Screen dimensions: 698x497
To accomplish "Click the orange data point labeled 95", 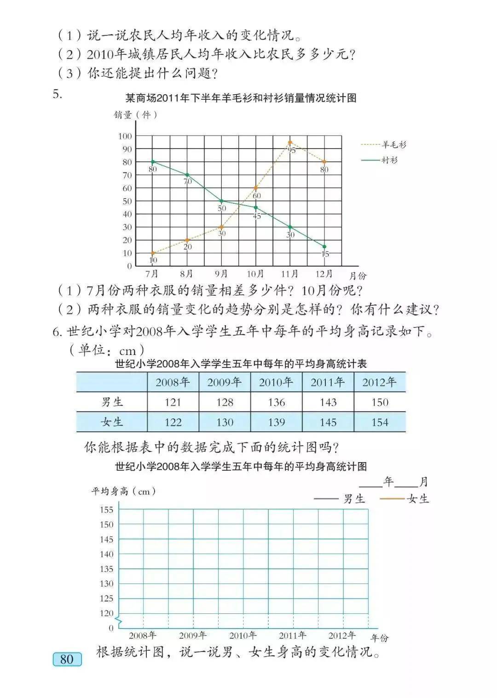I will coord(290,143).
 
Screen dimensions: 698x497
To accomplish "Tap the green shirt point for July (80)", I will coord(153,162).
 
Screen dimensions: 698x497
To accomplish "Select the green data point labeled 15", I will coord(324,247).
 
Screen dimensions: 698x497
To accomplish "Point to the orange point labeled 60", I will coord(256,188).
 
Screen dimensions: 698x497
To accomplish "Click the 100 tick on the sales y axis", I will coord(125,136).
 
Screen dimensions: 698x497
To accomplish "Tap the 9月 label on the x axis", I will coord(221,274).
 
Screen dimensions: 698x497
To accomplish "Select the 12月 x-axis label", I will coord(324,274).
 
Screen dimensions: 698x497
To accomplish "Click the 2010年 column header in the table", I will coord(276,382).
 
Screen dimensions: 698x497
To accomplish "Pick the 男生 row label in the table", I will coord(112,402).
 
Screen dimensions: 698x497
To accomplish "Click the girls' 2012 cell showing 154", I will coord(380,422).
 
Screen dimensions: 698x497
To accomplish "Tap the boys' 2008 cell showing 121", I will coord(173,402).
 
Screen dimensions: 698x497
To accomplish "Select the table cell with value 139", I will coord(276,422).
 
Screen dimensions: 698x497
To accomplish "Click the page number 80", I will coord(67,659).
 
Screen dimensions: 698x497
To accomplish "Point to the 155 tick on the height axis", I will coord(106,509).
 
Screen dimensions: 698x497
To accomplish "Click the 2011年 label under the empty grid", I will coord(293,635).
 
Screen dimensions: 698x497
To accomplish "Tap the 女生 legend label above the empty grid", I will coord(418,499).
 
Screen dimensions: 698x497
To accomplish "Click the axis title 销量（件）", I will coord(136,115).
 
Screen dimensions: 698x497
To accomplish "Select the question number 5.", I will coord(58,94).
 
